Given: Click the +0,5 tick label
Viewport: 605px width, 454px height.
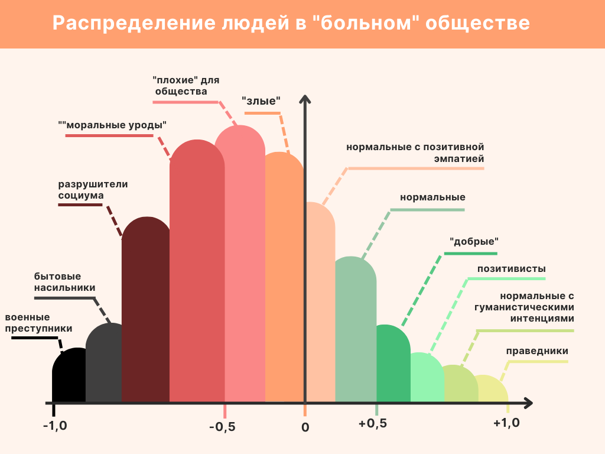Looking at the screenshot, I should pos(373,424).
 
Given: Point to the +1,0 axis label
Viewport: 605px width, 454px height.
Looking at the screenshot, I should pos(506,424).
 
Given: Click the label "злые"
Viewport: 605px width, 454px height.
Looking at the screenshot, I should pos(261,100).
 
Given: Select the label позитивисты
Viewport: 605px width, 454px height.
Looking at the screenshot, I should pos(512,269).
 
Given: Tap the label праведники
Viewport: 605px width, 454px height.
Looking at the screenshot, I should pos(537,351).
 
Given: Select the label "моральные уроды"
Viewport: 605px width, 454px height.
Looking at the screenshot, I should pos(112,125).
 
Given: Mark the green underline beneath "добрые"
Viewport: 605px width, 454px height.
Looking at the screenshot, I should pos(472,254).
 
